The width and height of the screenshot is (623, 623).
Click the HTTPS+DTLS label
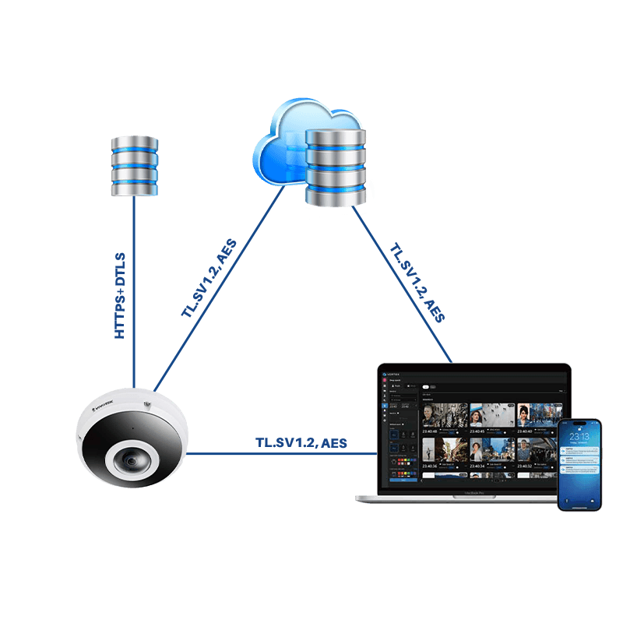pos(120,294)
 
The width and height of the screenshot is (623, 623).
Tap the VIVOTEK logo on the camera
pos(102,406)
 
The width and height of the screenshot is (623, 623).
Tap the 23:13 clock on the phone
pos(579,437)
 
